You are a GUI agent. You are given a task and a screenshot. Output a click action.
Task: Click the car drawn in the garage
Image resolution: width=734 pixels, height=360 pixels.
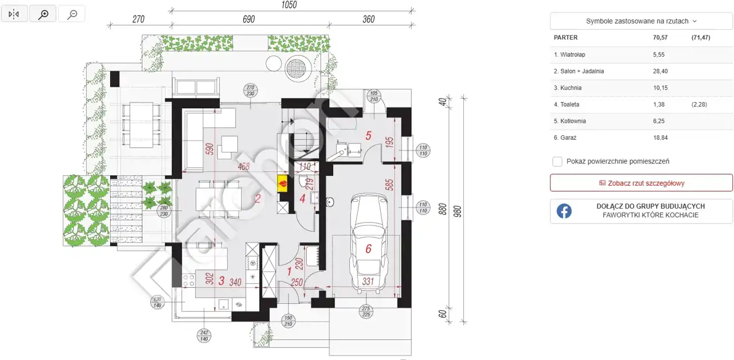pos(368,243)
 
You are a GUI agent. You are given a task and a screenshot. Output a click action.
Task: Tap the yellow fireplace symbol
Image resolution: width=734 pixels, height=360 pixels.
pos(283,183)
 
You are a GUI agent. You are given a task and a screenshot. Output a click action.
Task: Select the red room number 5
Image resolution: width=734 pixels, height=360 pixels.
pos(368,135)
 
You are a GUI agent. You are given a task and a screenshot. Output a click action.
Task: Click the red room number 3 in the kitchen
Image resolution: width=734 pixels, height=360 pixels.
pos(221,280)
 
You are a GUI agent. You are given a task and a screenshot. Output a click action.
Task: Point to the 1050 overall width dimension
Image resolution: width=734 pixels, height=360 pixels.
pos(288,5)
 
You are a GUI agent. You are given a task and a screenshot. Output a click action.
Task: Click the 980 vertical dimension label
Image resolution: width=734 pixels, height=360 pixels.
pos(458,212)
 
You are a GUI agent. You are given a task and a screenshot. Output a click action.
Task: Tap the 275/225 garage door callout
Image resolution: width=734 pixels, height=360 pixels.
pos(366,311)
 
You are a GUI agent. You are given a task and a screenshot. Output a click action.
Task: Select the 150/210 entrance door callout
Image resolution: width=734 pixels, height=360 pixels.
pos(288,321)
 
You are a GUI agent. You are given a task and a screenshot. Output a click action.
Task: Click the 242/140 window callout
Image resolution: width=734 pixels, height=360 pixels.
pos(204,336)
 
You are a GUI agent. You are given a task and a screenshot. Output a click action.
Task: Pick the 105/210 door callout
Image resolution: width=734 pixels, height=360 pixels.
pos(374,96)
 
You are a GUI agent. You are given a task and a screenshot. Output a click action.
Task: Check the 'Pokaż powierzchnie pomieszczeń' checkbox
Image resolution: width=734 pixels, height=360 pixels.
pos(557,162)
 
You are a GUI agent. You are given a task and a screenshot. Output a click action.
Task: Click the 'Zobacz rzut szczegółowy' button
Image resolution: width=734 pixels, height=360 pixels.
pos(641,183)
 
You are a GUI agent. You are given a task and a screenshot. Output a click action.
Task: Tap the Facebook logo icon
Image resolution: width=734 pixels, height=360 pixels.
pos(564,211)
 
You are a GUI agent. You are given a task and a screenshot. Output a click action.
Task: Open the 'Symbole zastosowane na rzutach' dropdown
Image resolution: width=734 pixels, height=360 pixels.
pos(641,21)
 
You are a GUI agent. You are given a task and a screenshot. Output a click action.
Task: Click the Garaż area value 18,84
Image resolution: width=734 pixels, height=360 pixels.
pos(660,138)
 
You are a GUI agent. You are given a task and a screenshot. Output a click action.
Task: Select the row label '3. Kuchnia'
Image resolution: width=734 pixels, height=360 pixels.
pos(568,88)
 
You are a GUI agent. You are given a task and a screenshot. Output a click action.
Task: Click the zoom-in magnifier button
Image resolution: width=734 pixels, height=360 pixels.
pos(43,14)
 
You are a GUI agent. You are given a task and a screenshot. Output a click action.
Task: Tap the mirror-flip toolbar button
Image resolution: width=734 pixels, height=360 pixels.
pos(14,14)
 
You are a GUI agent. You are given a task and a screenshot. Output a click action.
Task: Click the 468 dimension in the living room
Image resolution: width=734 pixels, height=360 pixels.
pos(244,166)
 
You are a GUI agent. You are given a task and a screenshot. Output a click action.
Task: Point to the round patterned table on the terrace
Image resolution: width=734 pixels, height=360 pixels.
pos(298,68)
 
